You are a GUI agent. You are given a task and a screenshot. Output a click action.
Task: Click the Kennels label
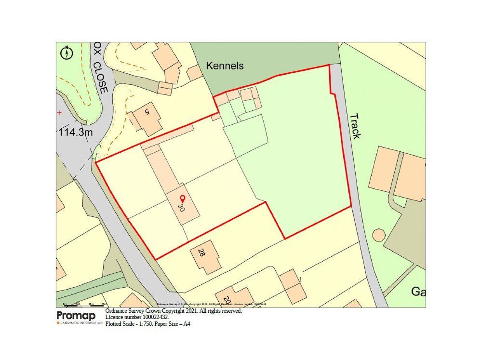[224, 66]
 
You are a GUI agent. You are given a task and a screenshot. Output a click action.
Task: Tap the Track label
[355, 126]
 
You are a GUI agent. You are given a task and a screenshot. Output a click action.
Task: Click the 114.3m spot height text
[76, 132]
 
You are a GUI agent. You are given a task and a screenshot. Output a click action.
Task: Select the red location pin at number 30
[183, 198]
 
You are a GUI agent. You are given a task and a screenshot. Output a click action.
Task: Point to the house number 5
[147, 112]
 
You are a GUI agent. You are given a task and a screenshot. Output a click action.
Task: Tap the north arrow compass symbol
[67, 52]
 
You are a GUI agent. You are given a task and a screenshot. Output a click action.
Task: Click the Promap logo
[76, 316]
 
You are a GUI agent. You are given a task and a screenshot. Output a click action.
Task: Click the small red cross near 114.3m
[59, 113]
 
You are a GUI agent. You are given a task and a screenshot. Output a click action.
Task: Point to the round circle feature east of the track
[379, 235]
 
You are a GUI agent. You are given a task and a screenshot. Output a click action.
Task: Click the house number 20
[227, 300]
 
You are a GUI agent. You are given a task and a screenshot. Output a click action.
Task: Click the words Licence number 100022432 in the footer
[137, 317]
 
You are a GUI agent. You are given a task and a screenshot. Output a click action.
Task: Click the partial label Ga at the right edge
[418, 292]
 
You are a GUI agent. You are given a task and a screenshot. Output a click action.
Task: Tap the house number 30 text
[181, 208]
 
